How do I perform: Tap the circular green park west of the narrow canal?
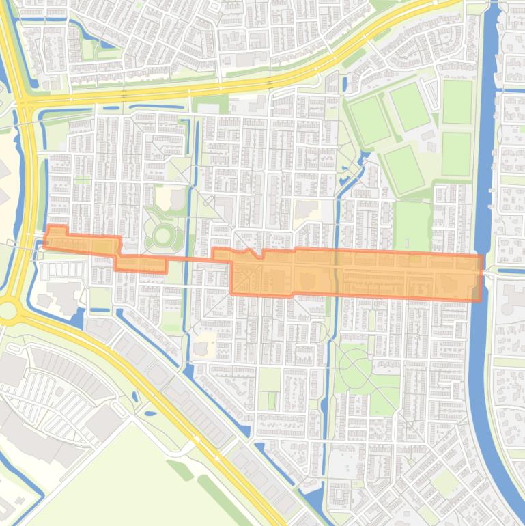(163, 236)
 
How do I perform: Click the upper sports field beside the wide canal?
(457, 102)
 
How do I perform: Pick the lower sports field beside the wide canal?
(456, 154)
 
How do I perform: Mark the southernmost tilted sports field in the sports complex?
(403, 169)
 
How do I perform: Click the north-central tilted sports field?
(410, 106)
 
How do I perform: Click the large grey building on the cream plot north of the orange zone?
(307, 208)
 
